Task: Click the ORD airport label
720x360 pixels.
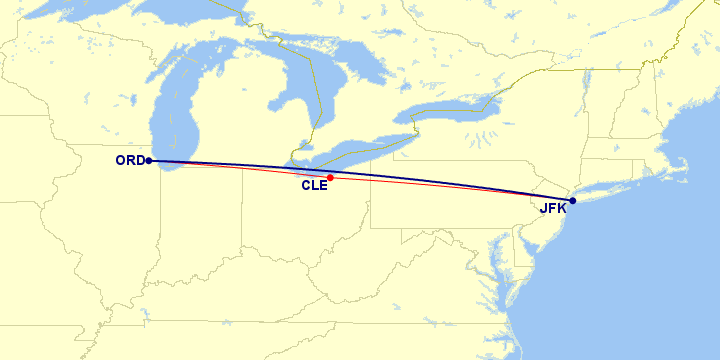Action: point(129,160)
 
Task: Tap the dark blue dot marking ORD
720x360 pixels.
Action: point(148,160)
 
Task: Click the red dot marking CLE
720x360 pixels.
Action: point(330,178)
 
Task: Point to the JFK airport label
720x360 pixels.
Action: point(552,209)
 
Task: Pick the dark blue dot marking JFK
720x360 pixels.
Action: point(572,201)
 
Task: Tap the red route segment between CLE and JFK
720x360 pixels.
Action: point(450,187)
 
